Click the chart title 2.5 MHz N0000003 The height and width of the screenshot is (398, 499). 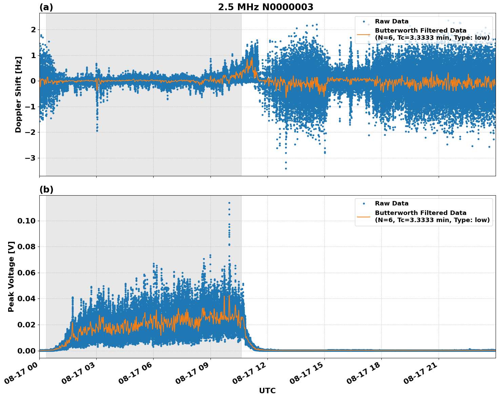(x=265, y=7)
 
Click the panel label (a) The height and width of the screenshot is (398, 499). (x=46, y=7)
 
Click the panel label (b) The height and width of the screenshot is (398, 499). (x=46, y=189)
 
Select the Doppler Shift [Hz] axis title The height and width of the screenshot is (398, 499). (x=18, y=94)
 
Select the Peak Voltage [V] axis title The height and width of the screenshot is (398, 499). (x=11, y=276)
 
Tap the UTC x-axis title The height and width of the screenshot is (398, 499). (x=267, y=391)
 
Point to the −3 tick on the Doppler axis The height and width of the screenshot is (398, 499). (x=31, y=158)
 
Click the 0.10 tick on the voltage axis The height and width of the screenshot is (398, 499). (x=26, y=221)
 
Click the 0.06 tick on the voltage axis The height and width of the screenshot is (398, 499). (x=26, y=273)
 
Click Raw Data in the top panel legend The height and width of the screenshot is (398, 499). (x=392, y=21)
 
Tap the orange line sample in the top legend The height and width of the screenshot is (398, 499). (x=364, y=34)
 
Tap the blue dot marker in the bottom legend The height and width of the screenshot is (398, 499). (x=364, y=203)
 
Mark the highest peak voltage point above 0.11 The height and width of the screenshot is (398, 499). (x=229, y=203)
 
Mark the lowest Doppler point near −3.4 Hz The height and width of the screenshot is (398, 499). (x=286, y=168)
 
